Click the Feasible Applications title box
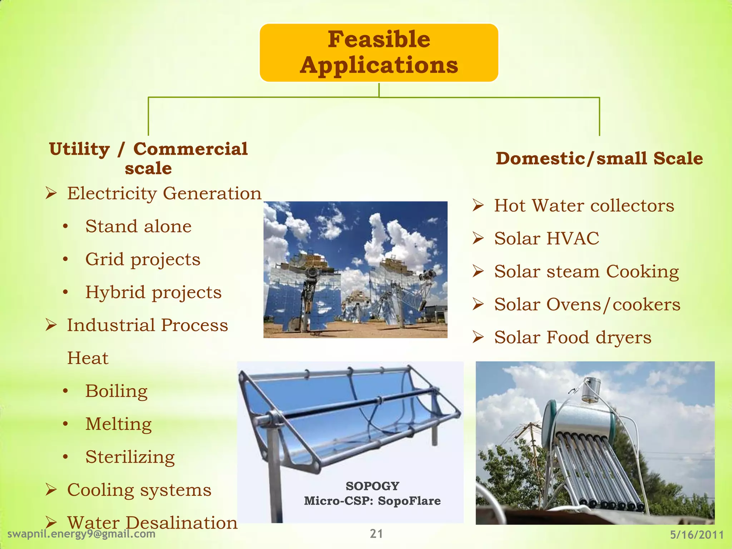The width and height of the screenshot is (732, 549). (379, 53)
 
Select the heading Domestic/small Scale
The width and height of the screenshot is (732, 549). (599, 158)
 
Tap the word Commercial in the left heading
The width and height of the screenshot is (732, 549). (190, 149)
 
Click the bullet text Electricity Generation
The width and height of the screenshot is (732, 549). (164, 194)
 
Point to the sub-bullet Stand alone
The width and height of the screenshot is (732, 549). (138, 227)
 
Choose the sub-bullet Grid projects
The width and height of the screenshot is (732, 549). (143, 259)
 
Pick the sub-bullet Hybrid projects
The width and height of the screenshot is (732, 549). (153, 292)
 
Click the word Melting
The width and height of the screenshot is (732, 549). (118, 424)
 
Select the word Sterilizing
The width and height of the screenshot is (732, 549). (130, 457)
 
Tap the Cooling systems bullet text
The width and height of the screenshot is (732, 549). (139, 490)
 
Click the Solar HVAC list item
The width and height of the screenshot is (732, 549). (546, 238)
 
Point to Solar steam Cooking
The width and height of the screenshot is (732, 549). (586, 272)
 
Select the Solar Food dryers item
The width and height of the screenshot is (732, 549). (573, 337)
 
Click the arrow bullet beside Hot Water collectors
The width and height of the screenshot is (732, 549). (478, 206)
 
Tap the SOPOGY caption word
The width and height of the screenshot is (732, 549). (372, 486)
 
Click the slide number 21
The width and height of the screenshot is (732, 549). (376, 534)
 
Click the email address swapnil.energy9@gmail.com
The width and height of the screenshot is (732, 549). (81, 534)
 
